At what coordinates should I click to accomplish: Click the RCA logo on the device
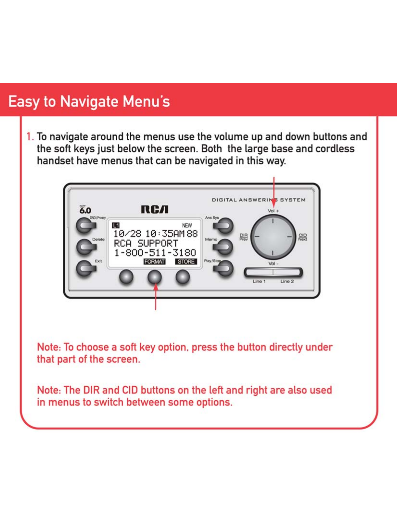(155, 210)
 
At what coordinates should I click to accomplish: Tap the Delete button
(85, 247)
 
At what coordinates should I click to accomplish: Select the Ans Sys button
(224, 225)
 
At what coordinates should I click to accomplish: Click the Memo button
(224, 247)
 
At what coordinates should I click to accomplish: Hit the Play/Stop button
(224, 268)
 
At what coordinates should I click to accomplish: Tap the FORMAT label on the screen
(155, 262)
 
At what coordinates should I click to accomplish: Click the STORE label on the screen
(186, 262)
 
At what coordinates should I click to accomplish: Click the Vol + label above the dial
(273, 211)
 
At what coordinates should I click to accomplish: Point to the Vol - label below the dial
(273, 264)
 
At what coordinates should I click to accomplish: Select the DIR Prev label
(244, 237)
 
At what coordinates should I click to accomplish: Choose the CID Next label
(302, 237)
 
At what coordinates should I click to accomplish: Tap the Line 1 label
(259, 281)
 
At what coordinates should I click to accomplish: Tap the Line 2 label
(287, 281)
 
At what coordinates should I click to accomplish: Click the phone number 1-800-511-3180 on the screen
(155, 253)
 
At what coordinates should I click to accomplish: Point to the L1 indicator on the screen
(116, 225)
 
